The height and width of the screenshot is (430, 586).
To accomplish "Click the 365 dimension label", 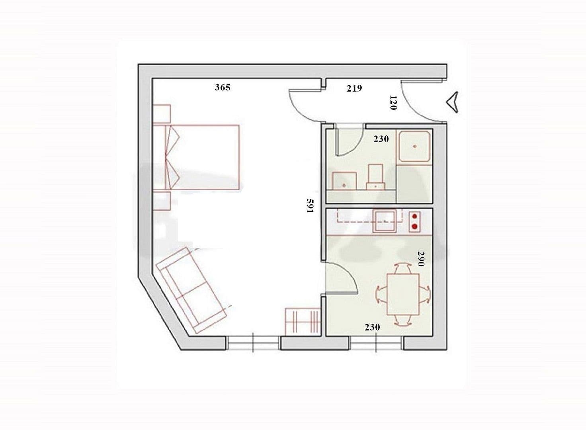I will tap(222, 87).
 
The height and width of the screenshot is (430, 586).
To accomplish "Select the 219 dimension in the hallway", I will tap(354, 88).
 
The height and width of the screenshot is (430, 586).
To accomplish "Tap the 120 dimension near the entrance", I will tap(393, 102).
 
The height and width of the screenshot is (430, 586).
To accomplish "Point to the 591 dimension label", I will tap(310, 206).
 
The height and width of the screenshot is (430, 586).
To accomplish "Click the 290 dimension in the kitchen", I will tap(421, 258).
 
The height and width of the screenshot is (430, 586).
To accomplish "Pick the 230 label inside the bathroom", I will tap(381, 139).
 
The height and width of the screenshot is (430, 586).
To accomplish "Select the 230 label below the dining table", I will tap(372, 327).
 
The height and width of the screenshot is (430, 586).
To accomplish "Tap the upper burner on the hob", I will tap(415, 217).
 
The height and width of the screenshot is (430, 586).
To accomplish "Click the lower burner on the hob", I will tap(415, 227).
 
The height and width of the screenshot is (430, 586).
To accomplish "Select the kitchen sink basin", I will tap(384, 222).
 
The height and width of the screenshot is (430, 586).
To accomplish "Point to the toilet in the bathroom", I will tap(375, 177).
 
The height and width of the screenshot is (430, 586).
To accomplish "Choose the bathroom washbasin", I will tap(344, 181).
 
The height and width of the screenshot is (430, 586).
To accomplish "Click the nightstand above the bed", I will tap(162, 113).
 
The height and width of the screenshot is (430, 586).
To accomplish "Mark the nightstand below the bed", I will tap(162, 200).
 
